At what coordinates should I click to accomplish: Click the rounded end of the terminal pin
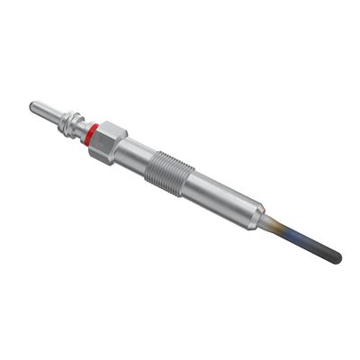33,107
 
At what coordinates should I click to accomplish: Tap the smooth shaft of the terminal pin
47,114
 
